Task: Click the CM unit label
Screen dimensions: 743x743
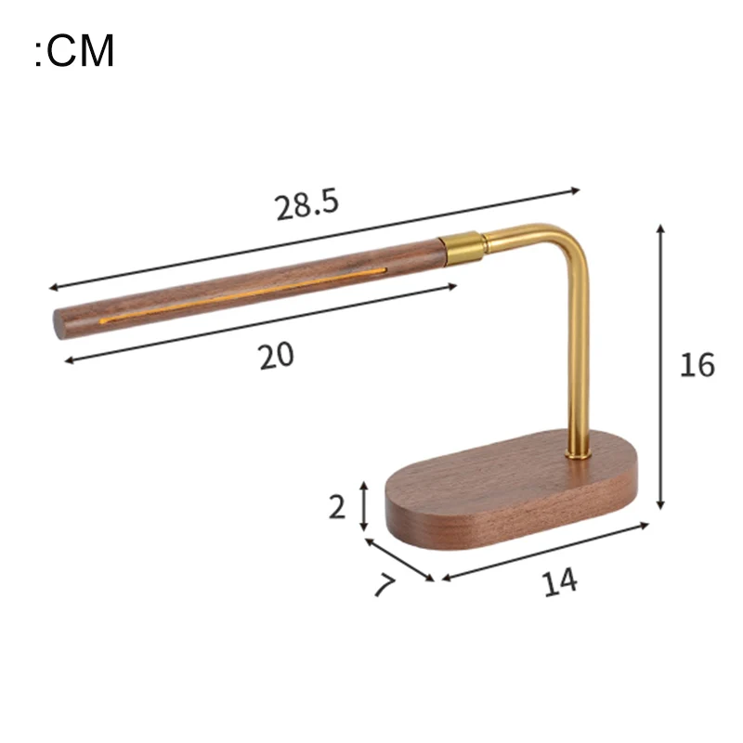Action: (74, 50)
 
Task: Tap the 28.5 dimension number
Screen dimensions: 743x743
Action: (307, 204)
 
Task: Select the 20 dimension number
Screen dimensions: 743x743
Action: (276, 356)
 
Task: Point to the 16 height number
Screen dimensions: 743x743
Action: (697, 365)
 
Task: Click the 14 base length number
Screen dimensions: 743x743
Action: (560, 581)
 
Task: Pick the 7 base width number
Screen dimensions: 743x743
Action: (385, 585)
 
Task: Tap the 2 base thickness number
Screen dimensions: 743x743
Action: (337, 507)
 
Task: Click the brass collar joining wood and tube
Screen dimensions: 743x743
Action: (462, 248)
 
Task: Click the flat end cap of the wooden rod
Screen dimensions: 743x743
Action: (59, 324)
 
